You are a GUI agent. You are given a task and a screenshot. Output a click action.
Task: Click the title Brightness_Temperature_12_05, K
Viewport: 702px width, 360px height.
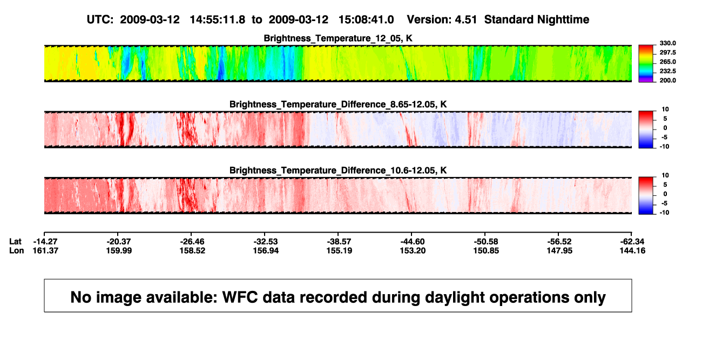click(x=338, y=38)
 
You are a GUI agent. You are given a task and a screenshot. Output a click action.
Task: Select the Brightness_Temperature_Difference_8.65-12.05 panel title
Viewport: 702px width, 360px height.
click(x=338, y=104)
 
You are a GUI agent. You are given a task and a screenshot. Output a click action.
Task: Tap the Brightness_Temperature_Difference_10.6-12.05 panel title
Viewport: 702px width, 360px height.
click(x=338, y=171)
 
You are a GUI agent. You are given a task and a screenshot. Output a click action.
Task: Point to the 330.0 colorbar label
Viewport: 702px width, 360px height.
click(x=667, y=43)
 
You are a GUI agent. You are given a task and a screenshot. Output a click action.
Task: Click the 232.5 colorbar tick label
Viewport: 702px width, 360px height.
click(x=667, y=71)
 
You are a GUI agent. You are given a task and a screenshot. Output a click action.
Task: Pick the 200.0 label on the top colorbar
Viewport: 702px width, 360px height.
click(x=667, y=80)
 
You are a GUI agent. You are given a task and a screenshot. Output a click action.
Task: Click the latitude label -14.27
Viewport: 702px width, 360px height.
click(x=45, y=242)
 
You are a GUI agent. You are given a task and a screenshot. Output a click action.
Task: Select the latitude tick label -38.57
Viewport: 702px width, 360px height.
click(x=339, y=242)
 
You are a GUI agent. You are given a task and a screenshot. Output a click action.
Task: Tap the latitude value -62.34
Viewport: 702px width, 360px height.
click(x=632, y=242)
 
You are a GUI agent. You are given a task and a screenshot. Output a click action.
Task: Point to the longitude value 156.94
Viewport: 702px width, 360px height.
click(x=266, y=251)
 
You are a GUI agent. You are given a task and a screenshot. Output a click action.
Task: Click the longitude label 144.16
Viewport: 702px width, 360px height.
click(x=632, y=251)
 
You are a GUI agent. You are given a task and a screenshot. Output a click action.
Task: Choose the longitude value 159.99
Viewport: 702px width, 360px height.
click(x=119, y=251)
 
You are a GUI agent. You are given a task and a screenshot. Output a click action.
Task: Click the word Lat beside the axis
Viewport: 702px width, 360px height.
click(x=15, y=242)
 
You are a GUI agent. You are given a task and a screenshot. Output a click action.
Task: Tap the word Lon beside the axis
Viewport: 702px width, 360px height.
click(x=17, y=251)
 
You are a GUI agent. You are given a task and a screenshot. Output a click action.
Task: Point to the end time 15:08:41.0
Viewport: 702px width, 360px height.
click(x=366, y=20)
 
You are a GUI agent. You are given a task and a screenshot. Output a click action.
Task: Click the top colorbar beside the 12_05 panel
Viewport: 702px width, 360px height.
click(x=646, y=64)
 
